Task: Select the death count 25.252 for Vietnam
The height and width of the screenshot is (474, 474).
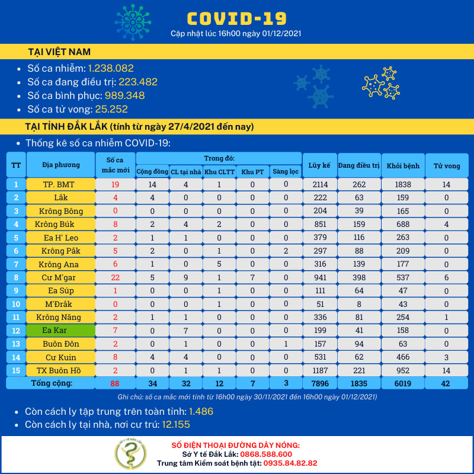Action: click(x=111, y=109)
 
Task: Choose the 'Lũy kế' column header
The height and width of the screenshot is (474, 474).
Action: click(x=319, y=165)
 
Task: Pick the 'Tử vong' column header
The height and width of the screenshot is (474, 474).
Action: click(x=447, y=165)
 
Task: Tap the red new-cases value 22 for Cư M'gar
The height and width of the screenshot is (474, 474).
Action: click(x=116, y=277)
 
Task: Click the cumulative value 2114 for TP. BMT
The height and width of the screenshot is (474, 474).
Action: click(x=319, y=184)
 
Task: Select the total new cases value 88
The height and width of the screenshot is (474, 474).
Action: click(x=116, y=383)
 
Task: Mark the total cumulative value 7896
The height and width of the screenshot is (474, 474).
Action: click(x=319, y=383)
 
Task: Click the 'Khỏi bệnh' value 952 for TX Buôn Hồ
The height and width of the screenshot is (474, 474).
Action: click(x=402, y=370)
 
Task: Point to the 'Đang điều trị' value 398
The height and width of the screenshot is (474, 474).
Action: click(x=358, y=277)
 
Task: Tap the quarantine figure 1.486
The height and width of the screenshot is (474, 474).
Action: click(x=201, y=411)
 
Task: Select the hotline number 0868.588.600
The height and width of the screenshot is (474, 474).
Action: click(x=264, y=454)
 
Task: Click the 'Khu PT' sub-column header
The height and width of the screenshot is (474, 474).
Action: click(x=252, y=171)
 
